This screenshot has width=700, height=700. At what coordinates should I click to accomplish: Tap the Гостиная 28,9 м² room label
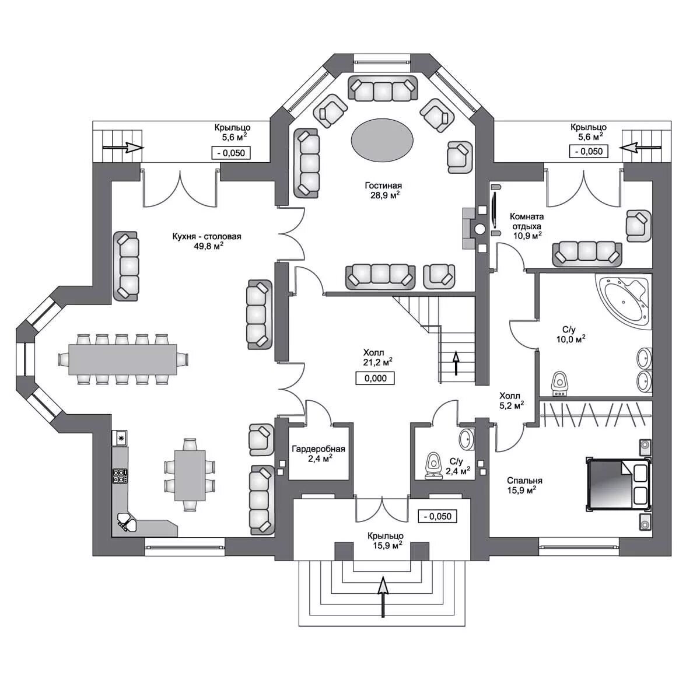point(383,190)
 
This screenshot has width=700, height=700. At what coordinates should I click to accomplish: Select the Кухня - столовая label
point(206,241)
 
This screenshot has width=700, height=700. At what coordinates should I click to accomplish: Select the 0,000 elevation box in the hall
point(375,378)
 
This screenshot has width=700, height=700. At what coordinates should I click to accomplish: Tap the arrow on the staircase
point(456,363)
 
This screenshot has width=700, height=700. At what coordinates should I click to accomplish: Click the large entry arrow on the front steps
point(383,596)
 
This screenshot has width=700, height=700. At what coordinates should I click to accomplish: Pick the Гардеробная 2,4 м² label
point(318,453)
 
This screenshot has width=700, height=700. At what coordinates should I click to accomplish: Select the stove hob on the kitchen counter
point(120,476)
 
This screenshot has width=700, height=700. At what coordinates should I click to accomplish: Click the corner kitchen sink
point(125,522)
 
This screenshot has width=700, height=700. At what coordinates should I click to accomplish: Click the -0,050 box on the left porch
point(230,153)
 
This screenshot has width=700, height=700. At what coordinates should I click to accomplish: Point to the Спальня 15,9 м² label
point(524,485)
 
